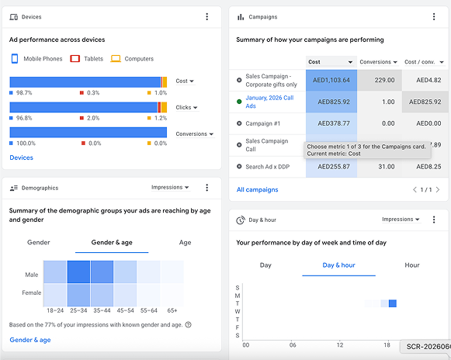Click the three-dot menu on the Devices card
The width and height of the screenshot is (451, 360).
click(x=206, y=16)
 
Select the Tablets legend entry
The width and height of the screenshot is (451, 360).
click(x=87, y=59)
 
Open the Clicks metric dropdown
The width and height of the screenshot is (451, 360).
click(x=186, y=108)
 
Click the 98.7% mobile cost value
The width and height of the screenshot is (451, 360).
click(x=24, y=93)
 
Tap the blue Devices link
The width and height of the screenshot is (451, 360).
click(x=21, y=157)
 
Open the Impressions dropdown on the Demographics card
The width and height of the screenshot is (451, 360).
click(x=170, y=187)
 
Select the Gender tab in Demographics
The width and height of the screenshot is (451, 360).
click(x=39, y=242)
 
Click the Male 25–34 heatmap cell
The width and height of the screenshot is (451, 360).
click(x=78, y=272)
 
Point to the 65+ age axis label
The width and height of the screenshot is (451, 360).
click(x=172, y=310)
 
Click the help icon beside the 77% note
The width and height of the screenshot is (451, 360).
click(x=189, y=324)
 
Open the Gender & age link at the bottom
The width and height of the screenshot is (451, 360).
click(x=30, y=340)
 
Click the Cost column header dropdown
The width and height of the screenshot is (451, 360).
click(x=331, y=62)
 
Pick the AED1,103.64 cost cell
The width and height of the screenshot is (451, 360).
click(x=331, y=80)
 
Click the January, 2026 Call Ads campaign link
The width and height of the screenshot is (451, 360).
click(x=269, y=102)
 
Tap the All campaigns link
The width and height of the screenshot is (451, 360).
click(x=257, y=190)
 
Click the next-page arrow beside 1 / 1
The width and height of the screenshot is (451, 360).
click(x=438, y=190)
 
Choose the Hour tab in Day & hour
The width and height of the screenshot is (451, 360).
click(x=412, y=265)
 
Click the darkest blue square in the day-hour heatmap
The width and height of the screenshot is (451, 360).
click(x=393, y=303)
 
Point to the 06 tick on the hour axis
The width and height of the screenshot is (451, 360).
click(x=293, y=345)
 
